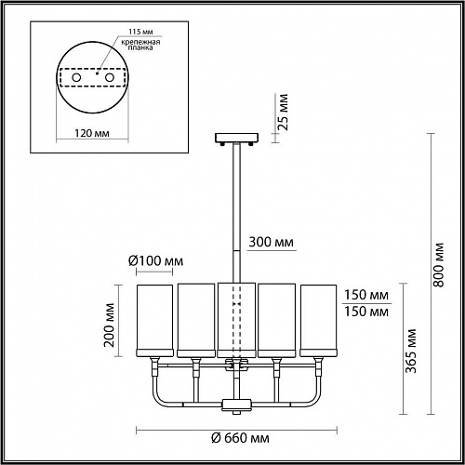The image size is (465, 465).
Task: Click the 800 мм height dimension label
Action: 438,265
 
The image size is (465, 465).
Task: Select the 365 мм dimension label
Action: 411,351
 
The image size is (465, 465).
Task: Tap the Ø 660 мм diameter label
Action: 240,438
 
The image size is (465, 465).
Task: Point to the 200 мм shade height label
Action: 109,325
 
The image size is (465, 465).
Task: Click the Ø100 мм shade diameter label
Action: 155,261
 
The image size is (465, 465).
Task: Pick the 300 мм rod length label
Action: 272,242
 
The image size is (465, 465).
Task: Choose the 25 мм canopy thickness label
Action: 283,112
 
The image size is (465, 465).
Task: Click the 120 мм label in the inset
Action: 92,133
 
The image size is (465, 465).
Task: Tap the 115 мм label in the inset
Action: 140,32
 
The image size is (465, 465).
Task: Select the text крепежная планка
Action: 140,45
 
